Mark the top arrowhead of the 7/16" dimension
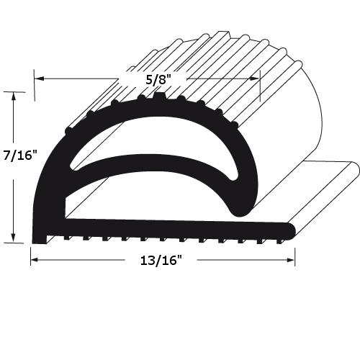pos(12,95)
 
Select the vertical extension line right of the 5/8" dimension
pos(261,86)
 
